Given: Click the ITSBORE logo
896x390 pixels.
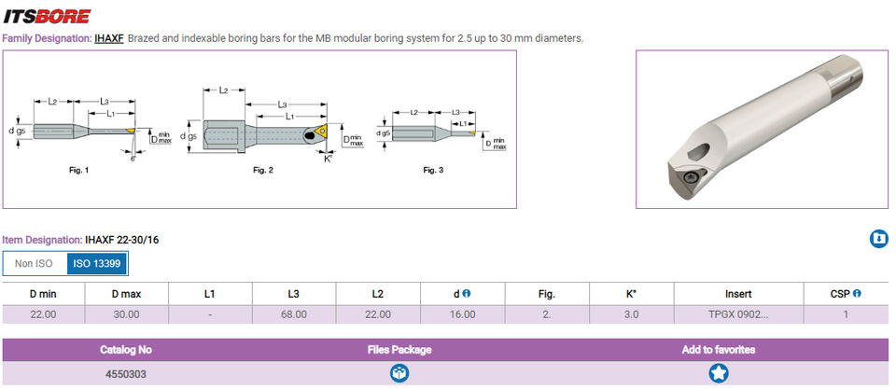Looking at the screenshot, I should [47, 16].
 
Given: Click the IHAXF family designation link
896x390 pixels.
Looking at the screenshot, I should [109, 38].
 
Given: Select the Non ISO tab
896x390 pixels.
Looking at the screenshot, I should [35, 264].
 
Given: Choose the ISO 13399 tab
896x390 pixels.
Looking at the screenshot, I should [97, 264].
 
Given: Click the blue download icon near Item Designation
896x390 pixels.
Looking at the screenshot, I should [878, 240].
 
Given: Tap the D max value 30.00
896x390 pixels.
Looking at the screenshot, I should [126, 314].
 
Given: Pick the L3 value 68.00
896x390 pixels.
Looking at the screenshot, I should [294, 314].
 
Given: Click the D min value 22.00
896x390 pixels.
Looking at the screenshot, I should [43, 314].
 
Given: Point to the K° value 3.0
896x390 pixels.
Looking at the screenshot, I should [631, 314].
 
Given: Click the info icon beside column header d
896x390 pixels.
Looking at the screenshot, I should [467, 293].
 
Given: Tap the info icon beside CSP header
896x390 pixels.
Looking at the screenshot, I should [857, 293].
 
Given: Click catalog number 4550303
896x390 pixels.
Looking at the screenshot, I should [126, 373].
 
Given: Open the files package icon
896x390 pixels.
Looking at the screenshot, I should [399, 373].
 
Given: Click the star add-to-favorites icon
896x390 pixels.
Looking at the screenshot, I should [719, 373].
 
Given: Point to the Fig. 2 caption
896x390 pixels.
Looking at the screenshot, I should [263, 171].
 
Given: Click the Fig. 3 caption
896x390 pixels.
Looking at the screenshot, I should [433, 170].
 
